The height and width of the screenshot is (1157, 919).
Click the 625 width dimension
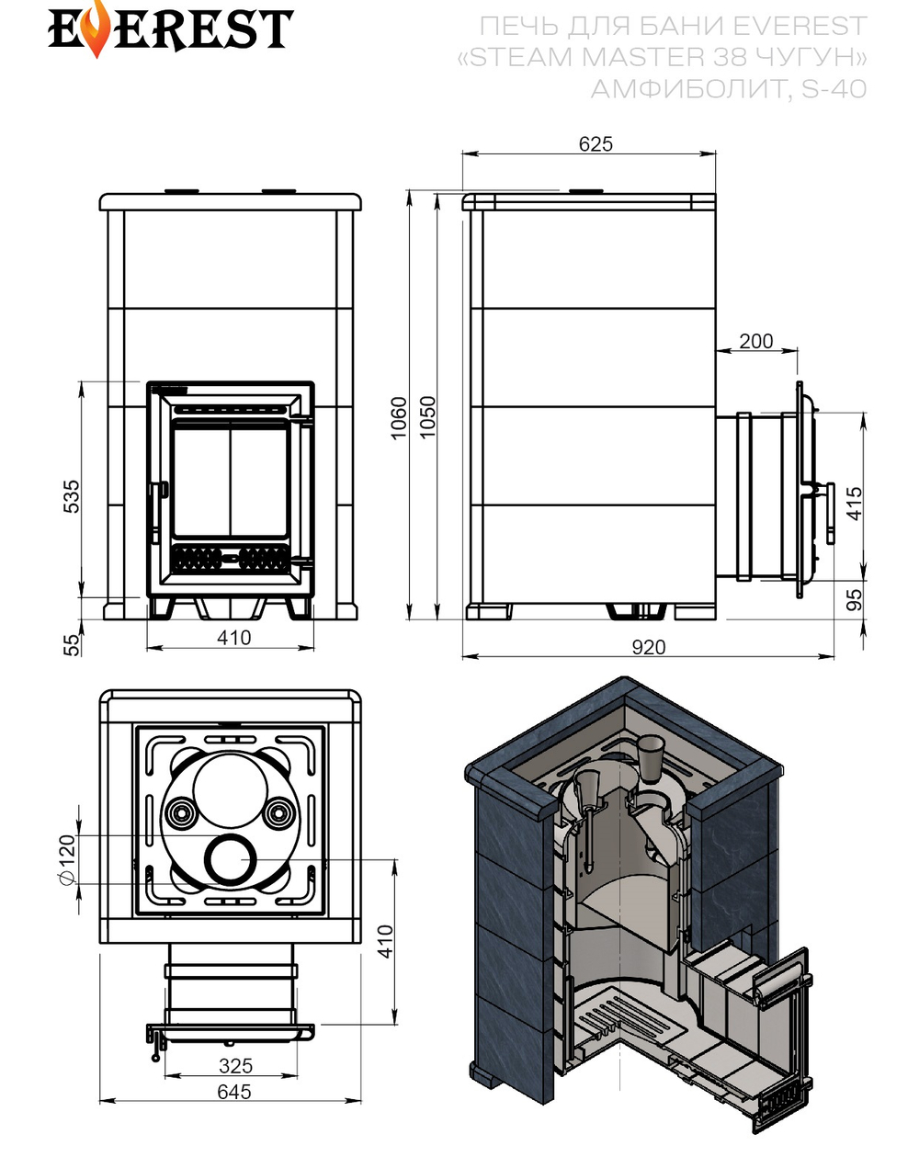coord(596,144)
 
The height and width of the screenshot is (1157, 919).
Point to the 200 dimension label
coord(755,341)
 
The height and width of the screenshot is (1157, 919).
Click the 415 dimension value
coord(854,504)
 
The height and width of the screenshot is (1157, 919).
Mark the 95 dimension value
coord(854,599)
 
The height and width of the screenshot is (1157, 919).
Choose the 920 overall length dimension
coord(649,647)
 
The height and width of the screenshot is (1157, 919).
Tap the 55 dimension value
coord(72,644)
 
